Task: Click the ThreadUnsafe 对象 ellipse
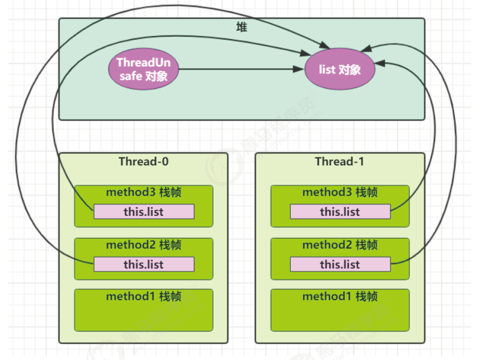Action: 143,69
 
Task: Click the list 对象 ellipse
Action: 339,69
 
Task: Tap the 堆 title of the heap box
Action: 241,28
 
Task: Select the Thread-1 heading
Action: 339,162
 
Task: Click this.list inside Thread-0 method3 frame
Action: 144,212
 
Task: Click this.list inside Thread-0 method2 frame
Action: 144,264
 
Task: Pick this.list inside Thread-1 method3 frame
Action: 340,212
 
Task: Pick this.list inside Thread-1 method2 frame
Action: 340,264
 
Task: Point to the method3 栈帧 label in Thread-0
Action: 144,192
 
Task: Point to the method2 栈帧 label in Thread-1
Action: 340,245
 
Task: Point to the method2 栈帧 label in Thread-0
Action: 144,245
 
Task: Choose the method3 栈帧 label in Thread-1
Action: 340,192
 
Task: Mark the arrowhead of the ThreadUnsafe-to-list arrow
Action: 298,70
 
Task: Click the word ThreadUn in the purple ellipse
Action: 143,63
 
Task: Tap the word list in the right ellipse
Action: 327,69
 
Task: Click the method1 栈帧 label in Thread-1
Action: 340,297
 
